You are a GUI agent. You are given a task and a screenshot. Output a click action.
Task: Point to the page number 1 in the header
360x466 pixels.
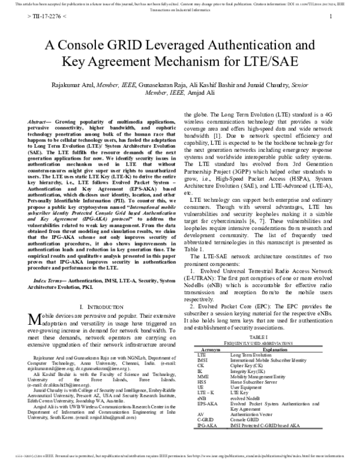tap(331, 17)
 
